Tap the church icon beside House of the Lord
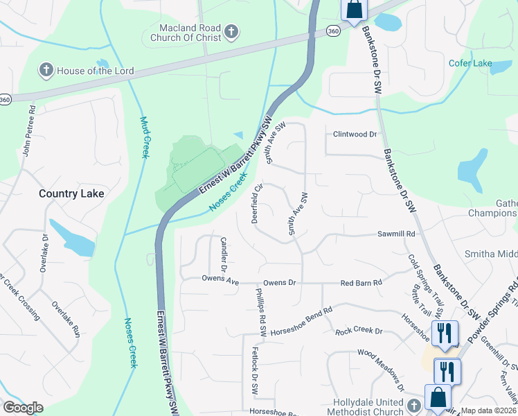tap(46, 70)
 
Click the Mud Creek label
tap(145, 137)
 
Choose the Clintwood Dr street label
tap(355, 134)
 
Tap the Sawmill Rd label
tap(396, 235)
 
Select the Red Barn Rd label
tap(361, 283)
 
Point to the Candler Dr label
tap(224, 253)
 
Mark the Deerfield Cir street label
tap(256, 202)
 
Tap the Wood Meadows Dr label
tap(381, 368)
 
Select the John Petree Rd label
tap(30, 130)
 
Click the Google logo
tap(23, 408)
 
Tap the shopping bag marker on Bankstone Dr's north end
tap(353, 10)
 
